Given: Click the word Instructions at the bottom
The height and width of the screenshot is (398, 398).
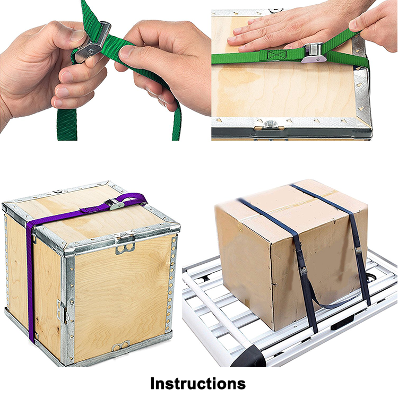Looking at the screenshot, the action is (198, 383).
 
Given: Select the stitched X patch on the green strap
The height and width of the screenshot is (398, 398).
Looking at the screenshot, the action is (276, 55).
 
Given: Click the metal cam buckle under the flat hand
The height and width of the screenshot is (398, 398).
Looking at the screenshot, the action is (314, 53).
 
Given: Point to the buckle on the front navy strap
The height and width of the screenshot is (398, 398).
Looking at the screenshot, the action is (303, 271).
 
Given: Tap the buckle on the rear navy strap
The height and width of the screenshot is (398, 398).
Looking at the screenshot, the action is (358, 250).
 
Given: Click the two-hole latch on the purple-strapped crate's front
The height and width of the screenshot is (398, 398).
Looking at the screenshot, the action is (125, 248).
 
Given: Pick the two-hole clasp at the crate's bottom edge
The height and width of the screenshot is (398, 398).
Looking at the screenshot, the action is (121, 345).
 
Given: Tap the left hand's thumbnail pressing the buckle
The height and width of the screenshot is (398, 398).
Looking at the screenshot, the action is (77, 36).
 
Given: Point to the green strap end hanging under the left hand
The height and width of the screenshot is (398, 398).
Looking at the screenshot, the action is (67, 124).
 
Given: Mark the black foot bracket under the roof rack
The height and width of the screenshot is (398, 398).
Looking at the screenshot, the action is (343, 322).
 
